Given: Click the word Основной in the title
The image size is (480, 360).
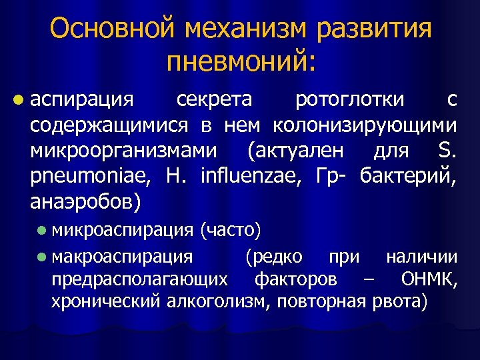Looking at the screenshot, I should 107,29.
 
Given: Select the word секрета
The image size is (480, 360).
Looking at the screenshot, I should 214,100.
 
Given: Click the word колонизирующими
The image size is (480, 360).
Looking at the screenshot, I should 364,125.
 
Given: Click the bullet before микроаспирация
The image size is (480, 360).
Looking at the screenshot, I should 42,231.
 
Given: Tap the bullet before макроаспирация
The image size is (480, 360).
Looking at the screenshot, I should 42,257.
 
